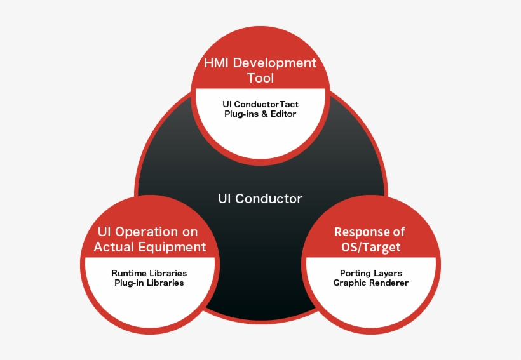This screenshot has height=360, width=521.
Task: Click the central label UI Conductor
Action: (x=260, y=199)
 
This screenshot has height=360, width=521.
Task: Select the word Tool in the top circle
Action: (x=260, y=79)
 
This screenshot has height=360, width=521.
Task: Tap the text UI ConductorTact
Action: (x=260, y=103)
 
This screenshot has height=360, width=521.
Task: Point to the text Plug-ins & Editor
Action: (x=260, y=114)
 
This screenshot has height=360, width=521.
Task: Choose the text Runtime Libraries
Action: (x=149, y=272)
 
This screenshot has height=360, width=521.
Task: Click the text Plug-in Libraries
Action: (x=149, y=283)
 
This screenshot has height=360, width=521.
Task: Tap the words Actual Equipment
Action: (x=149, y=247)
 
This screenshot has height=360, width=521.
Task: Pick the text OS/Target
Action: (x=370, y=247)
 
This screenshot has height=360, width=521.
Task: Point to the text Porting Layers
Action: (x=370, y=273)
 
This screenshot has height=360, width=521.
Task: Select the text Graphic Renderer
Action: (x=370, y=283)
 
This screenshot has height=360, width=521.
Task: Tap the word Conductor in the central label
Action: (x=269, y=199)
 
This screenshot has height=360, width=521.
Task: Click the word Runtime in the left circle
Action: (x=130, y=272)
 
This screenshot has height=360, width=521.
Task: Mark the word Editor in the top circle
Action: (x=283, y=114)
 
